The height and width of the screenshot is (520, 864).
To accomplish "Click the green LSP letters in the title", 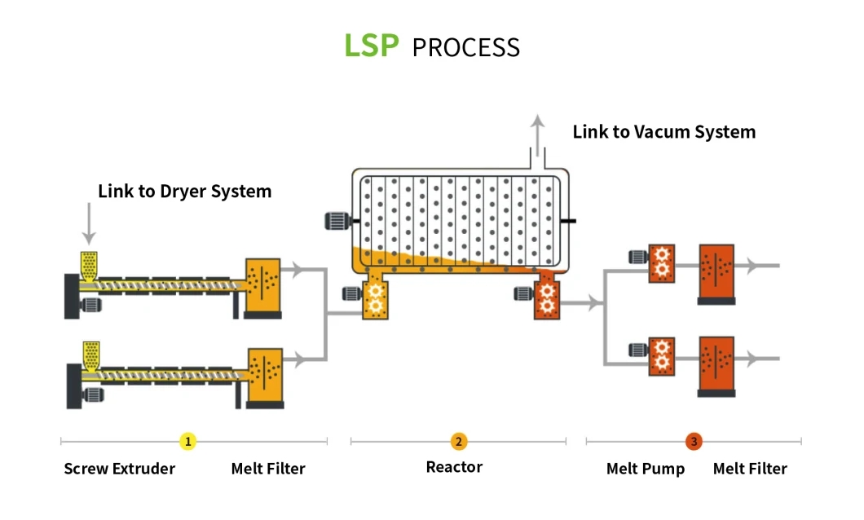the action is (x=372, y=45).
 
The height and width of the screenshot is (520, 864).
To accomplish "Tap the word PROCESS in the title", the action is (x=466, y=47).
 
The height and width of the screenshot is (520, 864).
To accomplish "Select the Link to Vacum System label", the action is (x=664, y=132).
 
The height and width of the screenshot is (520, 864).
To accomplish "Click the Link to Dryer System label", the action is (x=184, y=192).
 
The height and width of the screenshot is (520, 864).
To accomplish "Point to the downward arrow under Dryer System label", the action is (x=89, y=223).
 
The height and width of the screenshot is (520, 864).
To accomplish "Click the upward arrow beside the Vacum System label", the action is (x=538, y=135).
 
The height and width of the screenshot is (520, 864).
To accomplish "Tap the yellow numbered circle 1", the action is (x=188, y=441).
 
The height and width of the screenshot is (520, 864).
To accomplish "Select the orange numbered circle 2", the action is (x=458, y=441).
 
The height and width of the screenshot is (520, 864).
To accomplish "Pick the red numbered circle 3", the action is (x=694, y=441).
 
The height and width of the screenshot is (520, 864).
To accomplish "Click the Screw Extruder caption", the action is (x=120, y=469).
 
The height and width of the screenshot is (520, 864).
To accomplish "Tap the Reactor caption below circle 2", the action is (x=454, y=467).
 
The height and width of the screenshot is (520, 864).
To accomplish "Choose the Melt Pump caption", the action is (x=646, y=469).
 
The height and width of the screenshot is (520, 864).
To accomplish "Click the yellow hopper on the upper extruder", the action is (x=89, y=267).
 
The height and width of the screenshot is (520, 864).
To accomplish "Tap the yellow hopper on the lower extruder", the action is (x=91, y=356).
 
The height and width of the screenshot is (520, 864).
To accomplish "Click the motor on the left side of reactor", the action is (x=337, y=221).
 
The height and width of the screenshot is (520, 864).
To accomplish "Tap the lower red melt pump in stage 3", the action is (x=661, y=356).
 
